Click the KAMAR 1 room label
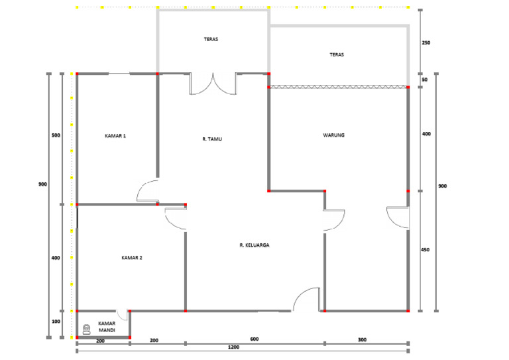click(115, 136)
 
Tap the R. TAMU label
click(212, 139)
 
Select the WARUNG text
click(333, 135)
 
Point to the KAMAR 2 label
click(132, 257)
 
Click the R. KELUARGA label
click(254, 245)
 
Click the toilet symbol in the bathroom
click(86, 328)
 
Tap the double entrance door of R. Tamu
click(213, 85)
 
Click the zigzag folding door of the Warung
click(338, 86)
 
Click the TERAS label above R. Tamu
click(211, 39)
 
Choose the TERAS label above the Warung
click(337, 54)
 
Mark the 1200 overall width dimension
click(233, 347)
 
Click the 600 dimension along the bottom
click(254, 339)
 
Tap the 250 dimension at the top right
click(426, 43)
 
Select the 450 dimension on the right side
click(426, 250)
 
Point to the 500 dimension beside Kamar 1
click(56, 136)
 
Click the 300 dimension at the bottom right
click(362, 339)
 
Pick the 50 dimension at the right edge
click(424, 80)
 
